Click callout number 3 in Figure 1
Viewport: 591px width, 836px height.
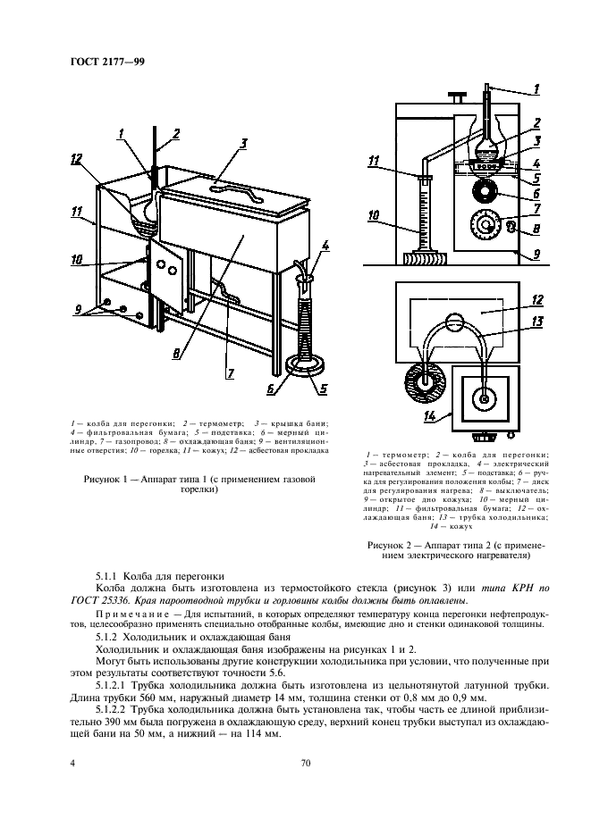pyautogui.click(x=242, y=143)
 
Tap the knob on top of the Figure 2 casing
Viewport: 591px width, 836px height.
pyautogui.click(x=459, y=96)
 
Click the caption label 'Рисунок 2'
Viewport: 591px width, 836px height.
pyautogui.click(x=391, y=543)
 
